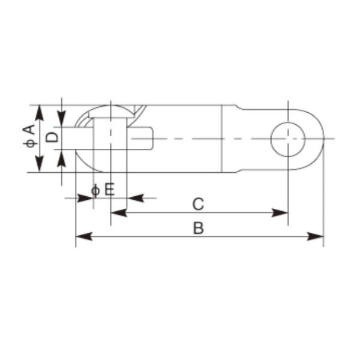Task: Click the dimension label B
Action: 199,228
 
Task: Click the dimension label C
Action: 199,204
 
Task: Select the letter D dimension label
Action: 53,137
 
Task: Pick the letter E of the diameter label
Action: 109,190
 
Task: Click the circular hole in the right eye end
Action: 288,139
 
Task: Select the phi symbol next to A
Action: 27,144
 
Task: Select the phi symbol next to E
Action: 95,191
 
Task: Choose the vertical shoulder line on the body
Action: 223,139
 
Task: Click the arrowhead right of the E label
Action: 134,197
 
